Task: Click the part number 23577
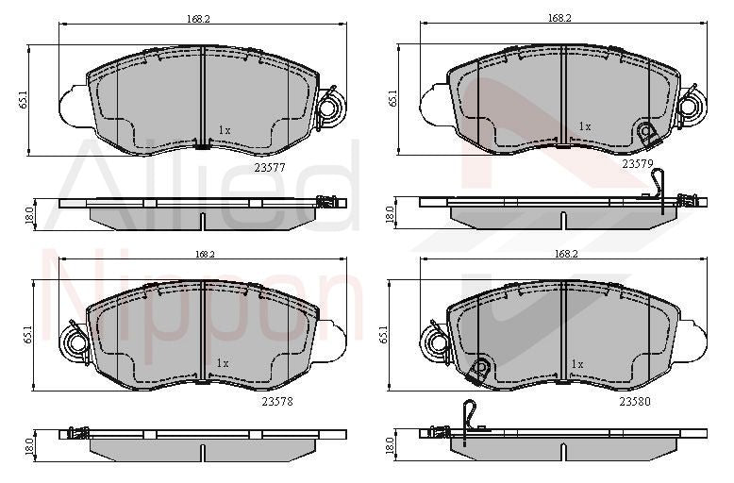pos(270,165)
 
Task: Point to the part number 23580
pos(635,400)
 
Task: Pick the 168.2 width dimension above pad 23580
pos(566,254)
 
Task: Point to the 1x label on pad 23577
pos(224,129)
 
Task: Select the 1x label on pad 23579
pos(585,125)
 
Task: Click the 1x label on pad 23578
pos(223,362)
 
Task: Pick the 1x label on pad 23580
pos(577,362)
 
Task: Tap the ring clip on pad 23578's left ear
pos(74,338)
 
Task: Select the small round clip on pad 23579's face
pos(646,133)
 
